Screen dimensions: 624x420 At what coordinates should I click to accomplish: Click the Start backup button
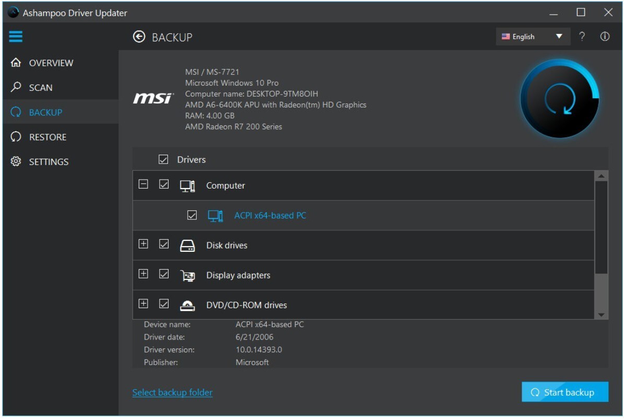point(565,392)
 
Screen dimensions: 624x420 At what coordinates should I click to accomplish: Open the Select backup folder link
point(172,392)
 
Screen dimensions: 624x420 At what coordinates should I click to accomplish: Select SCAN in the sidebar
point(41,88)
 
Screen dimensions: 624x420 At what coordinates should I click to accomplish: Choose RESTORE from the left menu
point(48,137)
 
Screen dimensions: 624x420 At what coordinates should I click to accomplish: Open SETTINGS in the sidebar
point(49,162)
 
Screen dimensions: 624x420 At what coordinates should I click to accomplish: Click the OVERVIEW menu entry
point(51,63)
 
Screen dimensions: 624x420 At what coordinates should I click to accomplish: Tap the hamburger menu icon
point(16,36)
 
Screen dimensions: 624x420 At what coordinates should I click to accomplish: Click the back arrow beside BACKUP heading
point(139,37)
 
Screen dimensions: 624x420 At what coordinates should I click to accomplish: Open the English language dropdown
point(533,37)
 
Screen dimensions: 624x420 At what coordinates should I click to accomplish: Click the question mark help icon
point(582,37)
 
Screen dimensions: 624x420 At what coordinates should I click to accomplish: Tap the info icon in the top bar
point(605,37)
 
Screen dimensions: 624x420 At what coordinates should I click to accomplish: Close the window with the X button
point(608,13)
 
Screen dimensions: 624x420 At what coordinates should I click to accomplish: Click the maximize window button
point(581,13)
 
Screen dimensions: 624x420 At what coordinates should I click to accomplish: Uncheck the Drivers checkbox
point(163,159)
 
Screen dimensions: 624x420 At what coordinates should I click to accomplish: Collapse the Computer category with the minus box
point(143,184)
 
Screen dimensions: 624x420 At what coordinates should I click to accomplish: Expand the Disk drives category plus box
point(143,244)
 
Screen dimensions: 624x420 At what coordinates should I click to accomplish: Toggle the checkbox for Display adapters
point(163,274)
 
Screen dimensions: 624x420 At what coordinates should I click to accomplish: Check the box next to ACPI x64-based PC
point(192,215)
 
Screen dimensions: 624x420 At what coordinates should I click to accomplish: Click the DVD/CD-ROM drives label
point(246,305)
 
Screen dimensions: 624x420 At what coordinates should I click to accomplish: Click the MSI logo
point(153,98)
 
